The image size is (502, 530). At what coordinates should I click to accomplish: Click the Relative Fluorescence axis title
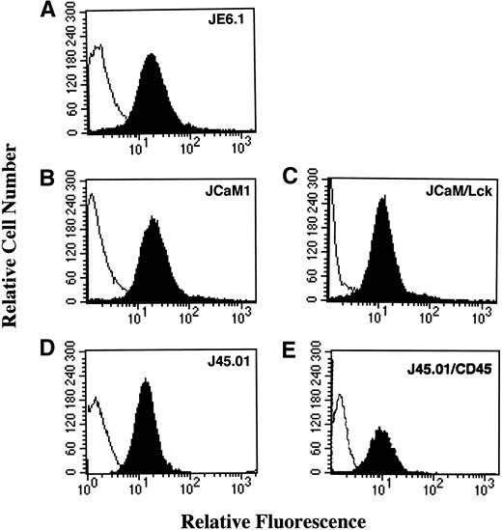[x=253, y=518]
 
